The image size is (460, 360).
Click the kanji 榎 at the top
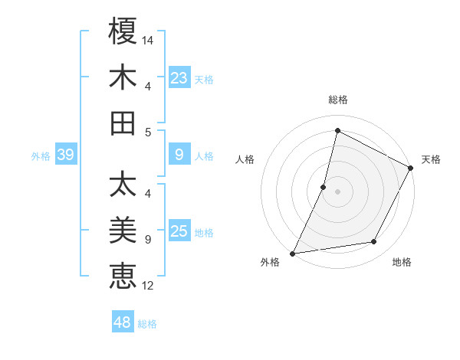(123, 31)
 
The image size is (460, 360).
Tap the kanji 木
(123, 77)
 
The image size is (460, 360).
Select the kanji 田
(123, 123)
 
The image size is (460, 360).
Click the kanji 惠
(123, 276)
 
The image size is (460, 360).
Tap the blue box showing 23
(179, 78)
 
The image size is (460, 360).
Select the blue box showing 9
(179, 155)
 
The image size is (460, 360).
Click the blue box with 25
(179, 232)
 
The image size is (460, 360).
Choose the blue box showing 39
(65, 155)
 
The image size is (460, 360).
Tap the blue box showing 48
(123, 322)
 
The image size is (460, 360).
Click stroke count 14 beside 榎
(148, 39)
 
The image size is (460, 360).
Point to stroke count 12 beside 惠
(148, 286)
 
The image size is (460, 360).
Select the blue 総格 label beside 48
(147, 324)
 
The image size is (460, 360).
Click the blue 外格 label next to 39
(41, 156)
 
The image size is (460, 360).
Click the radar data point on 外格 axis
(293, 253)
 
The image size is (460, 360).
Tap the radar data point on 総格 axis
(337, 130)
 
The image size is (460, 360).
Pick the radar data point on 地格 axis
(374, 242)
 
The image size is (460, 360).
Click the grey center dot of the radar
(337, 191)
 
